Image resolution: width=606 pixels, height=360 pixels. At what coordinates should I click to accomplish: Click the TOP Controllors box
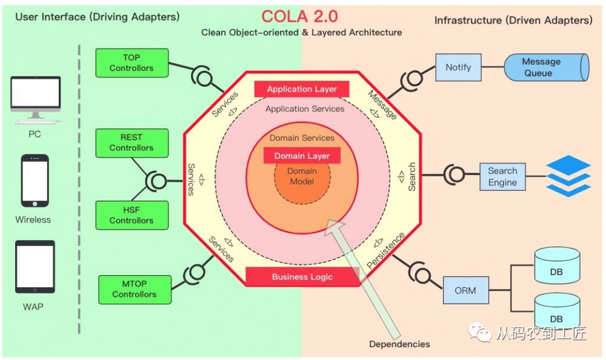[x=132, y=63]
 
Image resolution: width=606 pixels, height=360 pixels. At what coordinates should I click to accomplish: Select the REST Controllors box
[x=132, y=142]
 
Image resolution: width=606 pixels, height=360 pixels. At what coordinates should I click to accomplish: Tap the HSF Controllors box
[x=132, y=216]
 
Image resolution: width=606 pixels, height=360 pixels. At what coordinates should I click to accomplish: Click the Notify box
[x=458, y=67]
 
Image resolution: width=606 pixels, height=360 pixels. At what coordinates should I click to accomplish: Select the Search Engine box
[x=502, y=176]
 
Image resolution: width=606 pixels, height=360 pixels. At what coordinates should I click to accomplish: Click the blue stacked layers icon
[x=568, y=176]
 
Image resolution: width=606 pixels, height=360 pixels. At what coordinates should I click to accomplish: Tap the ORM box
[x=465, y=290]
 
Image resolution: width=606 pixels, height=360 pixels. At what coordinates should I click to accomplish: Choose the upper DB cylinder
[x=557, y=269]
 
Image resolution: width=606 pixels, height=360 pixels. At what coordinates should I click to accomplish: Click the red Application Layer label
[x=302, y=89]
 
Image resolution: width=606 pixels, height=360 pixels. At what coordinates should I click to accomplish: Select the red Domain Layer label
[x=302, y=156]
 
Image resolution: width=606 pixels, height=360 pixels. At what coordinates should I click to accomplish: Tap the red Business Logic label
[x=302, y=277]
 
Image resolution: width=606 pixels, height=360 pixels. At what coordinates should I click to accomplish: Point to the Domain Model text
[x=302, y=176]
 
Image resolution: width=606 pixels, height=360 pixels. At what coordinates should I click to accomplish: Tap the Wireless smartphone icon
[x=35, y=181]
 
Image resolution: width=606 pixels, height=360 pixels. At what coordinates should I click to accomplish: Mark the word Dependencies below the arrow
[x=399, y=344]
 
